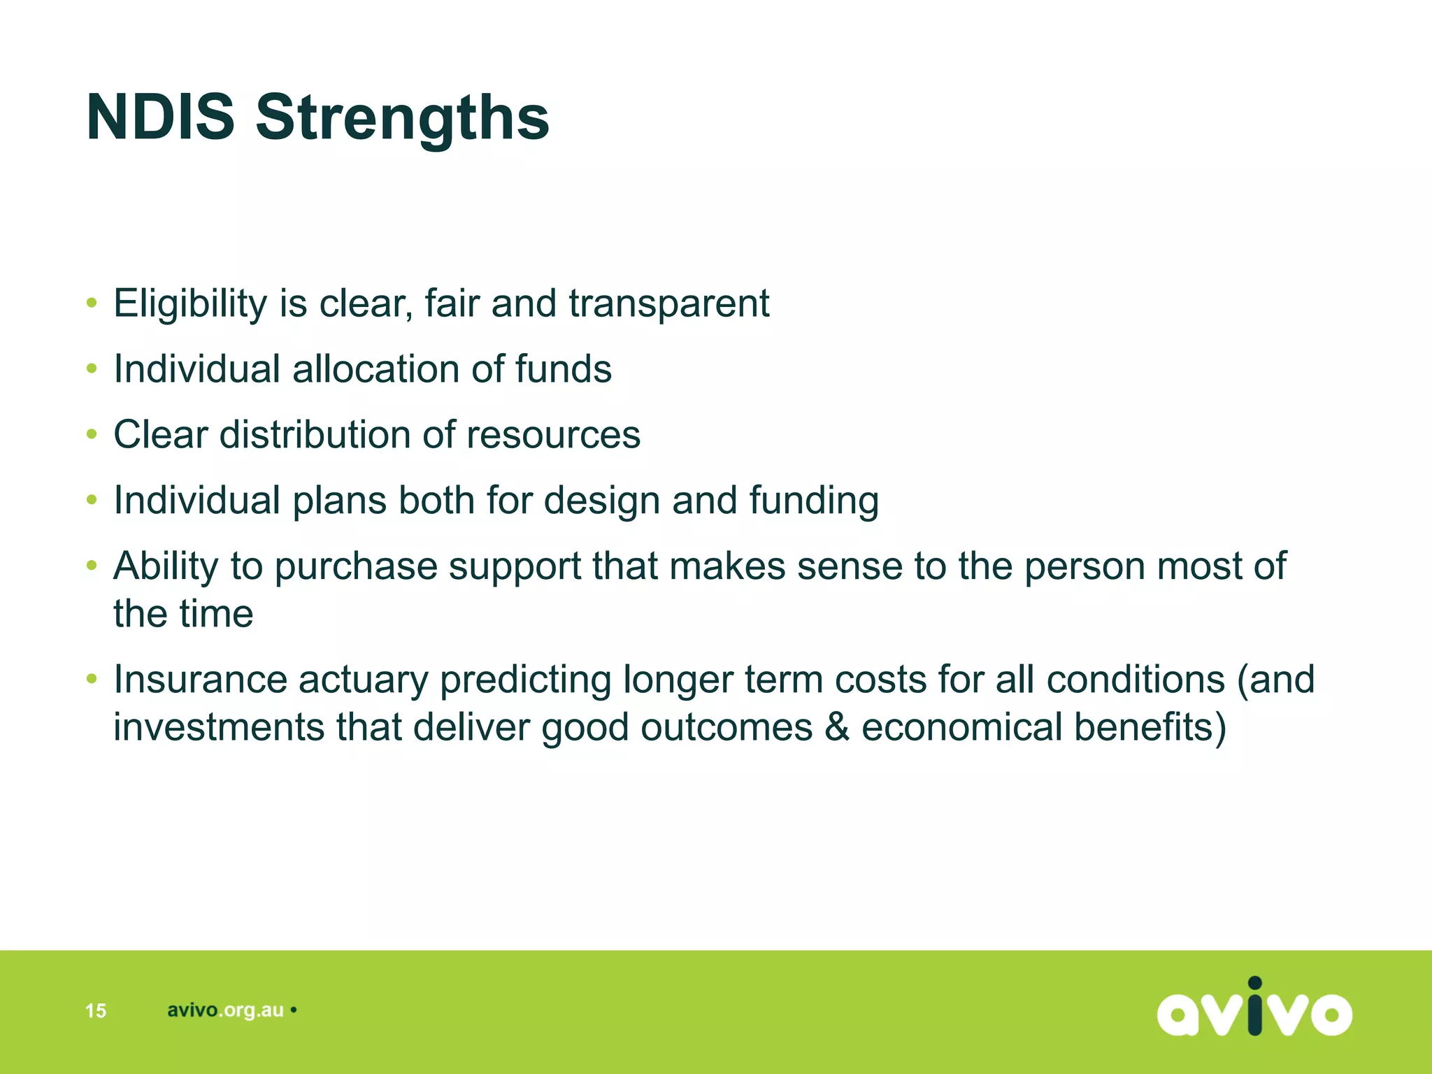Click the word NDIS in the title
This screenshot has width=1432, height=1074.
[160, 117]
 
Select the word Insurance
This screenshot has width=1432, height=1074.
[200, 679]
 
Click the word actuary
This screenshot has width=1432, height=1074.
[363, 679]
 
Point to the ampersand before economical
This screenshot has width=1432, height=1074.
[836, 727]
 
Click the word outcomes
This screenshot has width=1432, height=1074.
[726, 727]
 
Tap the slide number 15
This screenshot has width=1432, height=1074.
[95, 1010]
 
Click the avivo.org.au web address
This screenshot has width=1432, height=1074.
[225, 1010]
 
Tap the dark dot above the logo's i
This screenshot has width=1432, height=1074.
[1255, 984]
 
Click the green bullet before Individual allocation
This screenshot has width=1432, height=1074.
[92, 368]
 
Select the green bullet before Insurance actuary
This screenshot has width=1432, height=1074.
[92, 678]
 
